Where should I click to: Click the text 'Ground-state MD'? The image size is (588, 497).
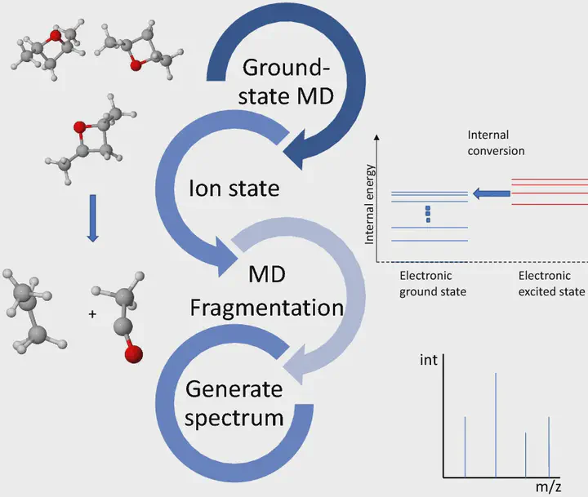click(286, 82)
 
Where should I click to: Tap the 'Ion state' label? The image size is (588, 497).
click(234, 189)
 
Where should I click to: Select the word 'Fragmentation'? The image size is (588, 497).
click(266, 308)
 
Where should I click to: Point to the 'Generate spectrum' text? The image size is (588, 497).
click(234, 403)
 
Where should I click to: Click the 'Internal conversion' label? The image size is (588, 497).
click(496, 143)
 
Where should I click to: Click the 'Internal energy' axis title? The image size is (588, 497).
click(370, 204)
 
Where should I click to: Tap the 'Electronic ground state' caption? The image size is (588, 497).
click(433, 284)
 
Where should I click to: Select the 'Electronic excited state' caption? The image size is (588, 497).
click(551, 284)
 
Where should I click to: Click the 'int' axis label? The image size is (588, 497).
click(429, 360)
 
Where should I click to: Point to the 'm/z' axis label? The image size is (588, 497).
click(548, 487)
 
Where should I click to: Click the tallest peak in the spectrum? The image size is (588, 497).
click(496, 425)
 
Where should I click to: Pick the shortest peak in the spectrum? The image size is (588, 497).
click(526, 455)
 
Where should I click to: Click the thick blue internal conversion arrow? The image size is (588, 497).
click(492, 193)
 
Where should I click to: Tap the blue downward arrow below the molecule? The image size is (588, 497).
click(92, 218)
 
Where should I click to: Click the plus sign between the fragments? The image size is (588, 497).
click(92, 314)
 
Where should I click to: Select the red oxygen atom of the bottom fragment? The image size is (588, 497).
click(133, 354)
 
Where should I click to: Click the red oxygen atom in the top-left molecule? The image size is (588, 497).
click(56, 36)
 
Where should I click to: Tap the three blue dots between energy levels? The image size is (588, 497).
click(428, 214)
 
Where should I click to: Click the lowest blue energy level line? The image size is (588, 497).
click(430, 241)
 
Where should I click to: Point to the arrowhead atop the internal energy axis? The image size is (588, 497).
click(376, 137)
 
